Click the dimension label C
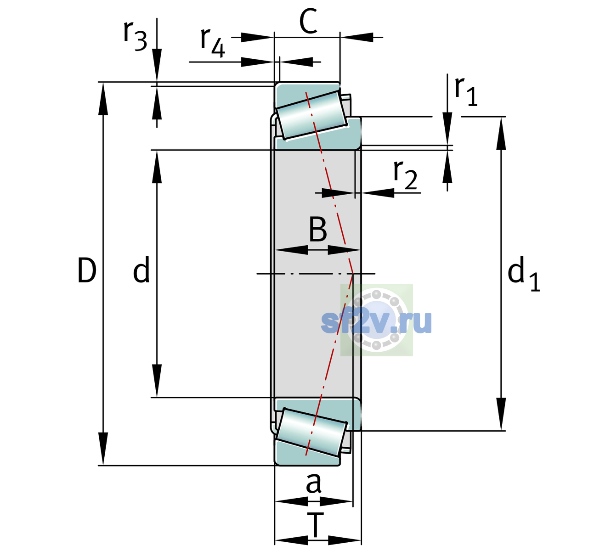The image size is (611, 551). point(308,21)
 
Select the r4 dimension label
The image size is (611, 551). point(213,43)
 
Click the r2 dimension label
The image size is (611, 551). point(405,175)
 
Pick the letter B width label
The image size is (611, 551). point(318,229)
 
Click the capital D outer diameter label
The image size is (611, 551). point(87,270)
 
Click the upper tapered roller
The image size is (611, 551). point(311,115)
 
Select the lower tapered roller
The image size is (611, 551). point(311,433)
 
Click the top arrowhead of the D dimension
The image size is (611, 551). point(103,99)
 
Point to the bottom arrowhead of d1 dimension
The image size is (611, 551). point(501,414)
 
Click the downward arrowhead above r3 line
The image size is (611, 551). point(157,65)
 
